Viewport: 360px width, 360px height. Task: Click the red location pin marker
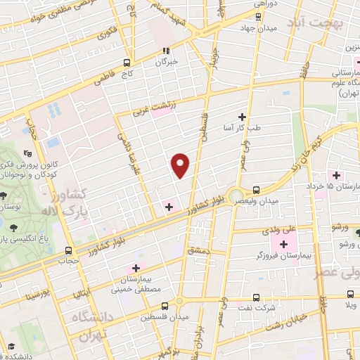(181, 166)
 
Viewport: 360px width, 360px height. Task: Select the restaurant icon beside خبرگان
(166, 51)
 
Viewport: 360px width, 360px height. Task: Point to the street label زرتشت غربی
(159, 107)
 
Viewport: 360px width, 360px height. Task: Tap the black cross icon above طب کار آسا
(243, 117)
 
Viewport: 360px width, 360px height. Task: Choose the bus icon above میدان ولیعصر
(255, 189)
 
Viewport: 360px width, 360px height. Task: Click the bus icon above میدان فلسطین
(165, 306)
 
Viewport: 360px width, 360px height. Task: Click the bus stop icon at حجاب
(68, 250)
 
